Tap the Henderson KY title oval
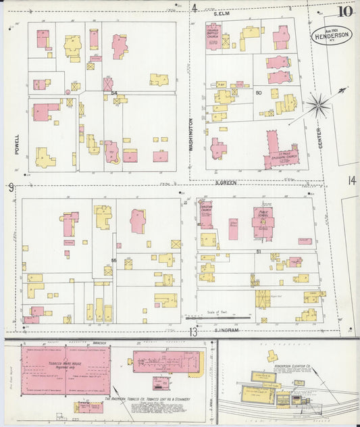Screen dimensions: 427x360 coord(331,35)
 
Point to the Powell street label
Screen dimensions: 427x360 coord(16,143)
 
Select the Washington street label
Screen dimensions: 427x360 coord(191,135)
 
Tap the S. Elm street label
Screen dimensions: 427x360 coord(222,13)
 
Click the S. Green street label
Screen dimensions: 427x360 coord(224,182)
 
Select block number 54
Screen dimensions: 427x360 coord(114,92)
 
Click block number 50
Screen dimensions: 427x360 coord(257,92)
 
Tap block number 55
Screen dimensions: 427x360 coord(114,259)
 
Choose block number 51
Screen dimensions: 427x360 coord(259,251)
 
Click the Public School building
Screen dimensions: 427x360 coord(261,224)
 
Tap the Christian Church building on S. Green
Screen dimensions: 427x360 coord(205,215)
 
